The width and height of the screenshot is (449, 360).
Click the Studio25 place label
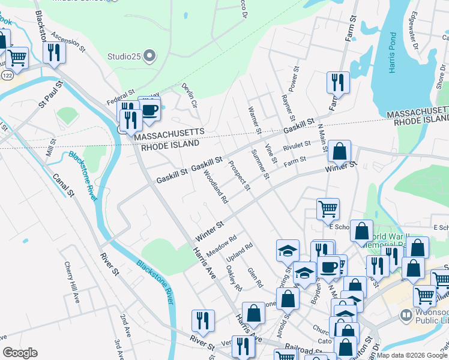pos(124,57)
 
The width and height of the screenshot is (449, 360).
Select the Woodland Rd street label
pos(215,187)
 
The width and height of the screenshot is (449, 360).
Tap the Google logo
pos(20,353)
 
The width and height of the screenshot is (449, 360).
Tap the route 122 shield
pos(7,76)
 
